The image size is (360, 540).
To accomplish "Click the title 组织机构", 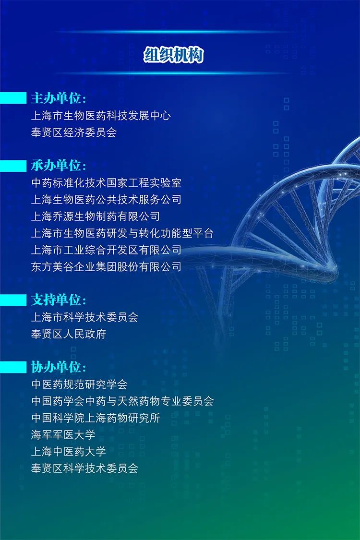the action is [174, 55].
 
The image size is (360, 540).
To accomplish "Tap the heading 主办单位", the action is [58, 98].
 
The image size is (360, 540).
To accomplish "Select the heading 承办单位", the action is [58, 166].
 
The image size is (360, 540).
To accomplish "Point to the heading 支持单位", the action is [58, 300].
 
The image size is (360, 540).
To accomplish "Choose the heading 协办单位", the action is [58, 367].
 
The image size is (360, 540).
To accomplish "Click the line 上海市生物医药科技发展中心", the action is [101, 116].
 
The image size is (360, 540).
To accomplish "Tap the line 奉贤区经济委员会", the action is [74, 132].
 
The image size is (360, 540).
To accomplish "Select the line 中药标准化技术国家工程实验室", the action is [107, 183].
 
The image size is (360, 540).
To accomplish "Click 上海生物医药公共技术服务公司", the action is [107, 199].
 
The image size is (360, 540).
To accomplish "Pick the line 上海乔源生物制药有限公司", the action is [96, 216].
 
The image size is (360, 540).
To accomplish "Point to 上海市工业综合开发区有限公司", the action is [107, 250].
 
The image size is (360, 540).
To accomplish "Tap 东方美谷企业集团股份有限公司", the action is [107, 266].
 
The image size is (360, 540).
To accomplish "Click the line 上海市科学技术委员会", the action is [85, 317].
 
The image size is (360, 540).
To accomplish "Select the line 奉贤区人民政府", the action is [69, 334].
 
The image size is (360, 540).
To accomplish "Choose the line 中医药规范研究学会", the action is [79, 384].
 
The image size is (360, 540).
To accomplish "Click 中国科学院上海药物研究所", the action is [96, 418].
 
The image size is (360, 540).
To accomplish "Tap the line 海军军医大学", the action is [63, 434].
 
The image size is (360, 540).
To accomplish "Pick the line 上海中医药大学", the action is [69, 452].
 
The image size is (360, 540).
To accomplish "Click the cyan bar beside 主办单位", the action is [13, 98].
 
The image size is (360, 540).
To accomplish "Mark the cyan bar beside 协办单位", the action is [13, 367].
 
